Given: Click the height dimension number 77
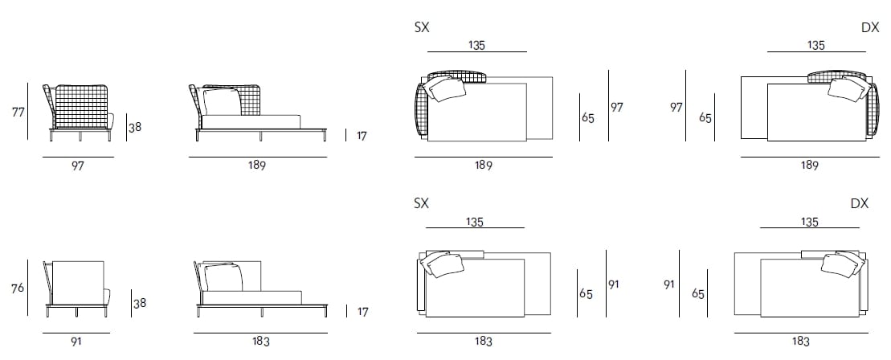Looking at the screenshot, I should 18,112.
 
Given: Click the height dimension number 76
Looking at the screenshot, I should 18,288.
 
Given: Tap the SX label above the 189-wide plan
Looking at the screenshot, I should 421,27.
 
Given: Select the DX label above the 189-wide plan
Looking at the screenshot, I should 870,27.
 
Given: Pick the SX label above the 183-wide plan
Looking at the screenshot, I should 421,204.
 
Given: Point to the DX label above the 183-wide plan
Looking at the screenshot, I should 860,204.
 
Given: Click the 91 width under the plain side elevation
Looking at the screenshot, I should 76,341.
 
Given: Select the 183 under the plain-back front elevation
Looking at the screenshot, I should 260,341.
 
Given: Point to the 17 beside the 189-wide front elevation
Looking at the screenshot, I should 361,137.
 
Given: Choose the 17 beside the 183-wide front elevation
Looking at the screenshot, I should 361,312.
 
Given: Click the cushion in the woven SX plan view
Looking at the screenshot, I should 447,88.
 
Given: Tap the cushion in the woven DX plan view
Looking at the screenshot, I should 846,89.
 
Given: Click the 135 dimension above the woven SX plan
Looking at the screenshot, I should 476,46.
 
